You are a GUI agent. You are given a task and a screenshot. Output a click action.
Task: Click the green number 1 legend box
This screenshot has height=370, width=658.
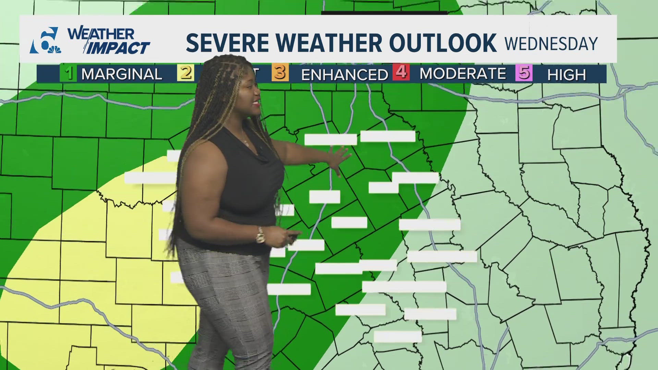(x=69, y=73)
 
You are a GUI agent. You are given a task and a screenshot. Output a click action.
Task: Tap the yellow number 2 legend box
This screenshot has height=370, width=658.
(x=185, y=73)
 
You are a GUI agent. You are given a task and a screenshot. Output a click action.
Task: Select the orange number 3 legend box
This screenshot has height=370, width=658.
(x=280, y=73)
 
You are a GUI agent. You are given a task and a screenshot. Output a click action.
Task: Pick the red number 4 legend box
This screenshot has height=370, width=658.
(x=401, y=73)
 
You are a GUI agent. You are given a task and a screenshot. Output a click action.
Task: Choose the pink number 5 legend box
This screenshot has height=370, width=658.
(x=524, y=73)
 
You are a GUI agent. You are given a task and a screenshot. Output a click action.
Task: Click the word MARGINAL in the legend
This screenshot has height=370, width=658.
(x=122, y=74)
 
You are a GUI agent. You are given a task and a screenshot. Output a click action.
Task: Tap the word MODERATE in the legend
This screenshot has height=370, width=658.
(x=463, y=74)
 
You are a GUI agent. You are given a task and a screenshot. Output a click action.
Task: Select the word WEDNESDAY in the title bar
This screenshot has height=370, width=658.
(x=551, y=44)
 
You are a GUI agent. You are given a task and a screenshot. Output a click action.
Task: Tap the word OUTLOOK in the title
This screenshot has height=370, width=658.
(x=442, y=43)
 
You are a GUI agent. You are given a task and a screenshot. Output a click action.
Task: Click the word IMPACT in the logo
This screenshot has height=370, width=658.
(x=118, y=48)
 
